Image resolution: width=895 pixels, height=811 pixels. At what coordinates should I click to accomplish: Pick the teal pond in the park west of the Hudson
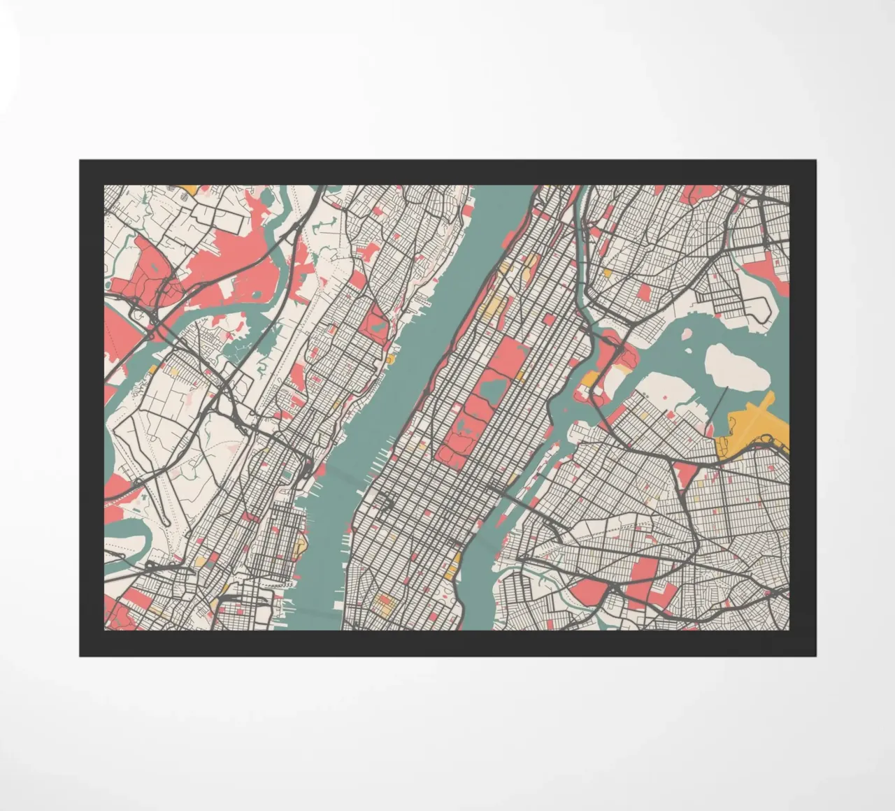click(x=378, y=324)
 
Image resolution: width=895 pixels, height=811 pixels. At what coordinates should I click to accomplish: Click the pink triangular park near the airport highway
click(x=686, y=475)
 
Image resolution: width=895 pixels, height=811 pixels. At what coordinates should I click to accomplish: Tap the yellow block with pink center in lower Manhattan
click(x=382, y=602)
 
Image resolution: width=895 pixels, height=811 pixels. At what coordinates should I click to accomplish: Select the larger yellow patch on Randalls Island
click(x=592, y=380)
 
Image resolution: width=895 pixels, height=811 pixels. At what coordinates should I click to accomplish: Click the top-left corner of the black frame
click(x=80, y=161)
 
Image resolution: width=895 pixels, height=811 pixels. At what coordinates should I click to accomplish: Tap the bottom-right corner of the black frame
click(x=815, y=655)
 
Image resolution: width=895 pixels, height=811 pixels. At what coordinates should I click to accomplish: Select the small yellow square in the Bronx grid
click(x=607, y=273)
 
